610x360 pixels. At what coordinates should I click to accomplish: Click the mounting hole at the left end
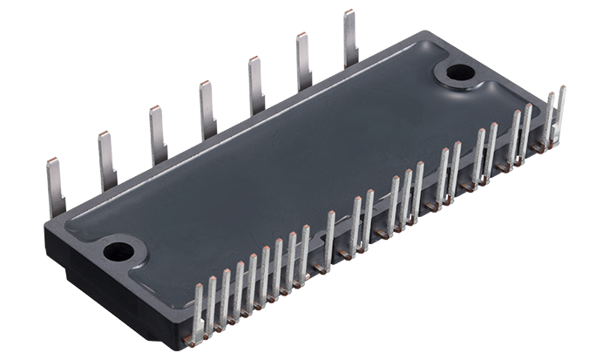[119, 253]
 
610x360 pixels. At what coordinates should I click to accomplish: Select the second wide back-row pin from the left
[107, 161]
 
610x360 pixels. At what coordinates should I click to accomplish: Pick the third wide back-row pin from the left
[158, 135]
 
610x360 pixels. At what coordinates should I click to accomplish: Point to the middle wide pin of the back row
[207, 111]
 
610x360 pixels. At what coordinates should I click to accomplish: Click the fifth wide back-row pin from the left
[256, 85]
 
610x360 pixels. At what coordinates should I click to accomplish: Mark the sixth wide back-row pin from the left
[304, 62]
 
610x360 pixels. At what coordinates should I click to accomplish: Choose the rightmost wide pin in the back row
[350, 38]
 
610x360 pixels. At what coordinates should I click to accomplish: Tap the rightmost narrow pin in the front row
[560, 113]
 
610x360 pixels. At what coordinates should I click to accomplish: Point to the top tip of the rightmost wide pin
[349, 11]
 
